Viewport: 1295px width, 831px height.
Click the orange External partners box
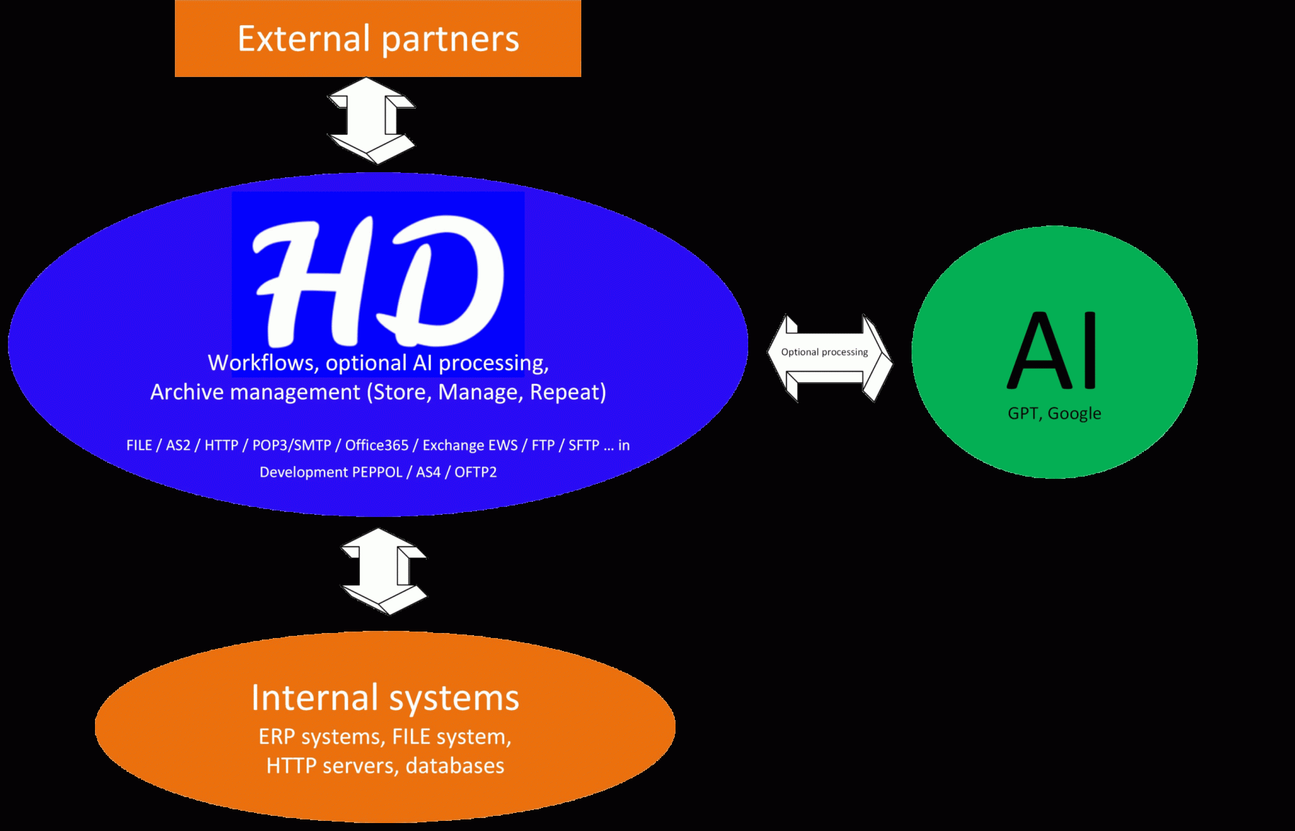[x=378, y=38]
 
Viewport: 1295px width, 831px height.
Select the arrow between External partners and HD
[x=371, y=120]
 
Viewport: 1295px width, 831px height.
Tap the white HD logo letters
[x=378, y=281]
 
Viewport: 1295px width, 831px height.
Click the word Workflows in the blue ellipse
[x=262, y=363]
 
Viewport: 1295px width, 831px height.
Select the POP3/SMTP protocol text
[x=291, y=446]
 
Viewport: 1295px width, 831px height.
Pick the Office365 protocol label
[x=376, y=446]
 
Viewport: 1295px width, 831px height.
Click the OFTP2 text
[x=476, y=472]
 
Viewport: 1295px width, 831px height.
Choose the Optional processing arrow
[x=830, y=358]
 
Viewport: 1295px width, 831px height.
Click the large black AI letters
[x=1053, y=351]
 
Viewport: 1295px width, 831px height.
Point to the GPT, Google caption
[x=1054, y=413]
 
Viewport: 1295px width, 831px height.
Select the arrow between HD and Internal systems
[x=383, y=571]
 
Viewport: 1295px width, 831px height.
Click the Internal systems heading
[x=385, y=698]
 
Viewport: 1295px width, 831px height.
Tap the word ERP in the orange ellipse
[x=276, y=737]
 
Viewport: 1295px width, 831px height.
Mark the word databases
[x=455, y=765]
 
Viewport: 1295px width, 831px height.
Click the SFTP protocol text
[x=583, y=446]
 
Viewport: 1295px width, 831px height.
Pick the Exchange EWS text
[x=470, y=446]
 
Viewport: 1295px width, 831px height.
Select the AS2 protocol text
[x=178, y=446]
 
